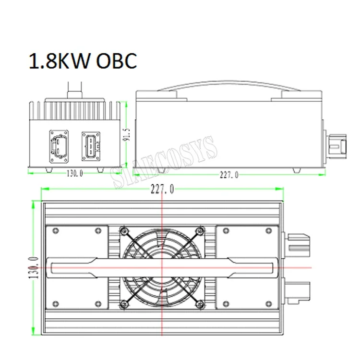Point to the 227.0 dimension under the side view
[229, 175]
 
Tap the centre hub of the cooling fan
[162, 266]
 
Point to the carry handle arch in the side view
[228, 88]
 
